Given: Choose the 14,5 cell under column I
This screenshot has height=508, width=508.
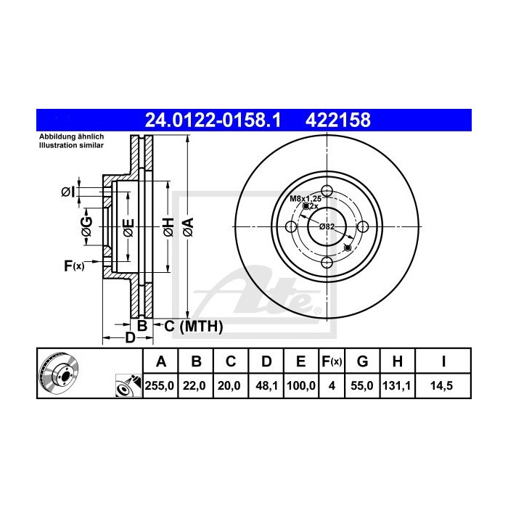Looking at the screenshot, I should point(443,387).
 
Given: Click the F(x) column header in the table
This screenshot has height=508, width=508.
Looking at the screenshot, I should point(331,361).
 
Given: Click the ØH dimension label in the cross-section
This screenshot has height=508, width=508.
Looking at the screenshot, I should point(168,228).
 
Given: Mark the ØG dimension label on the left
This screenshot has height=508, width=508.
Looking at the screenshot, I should point(86,228).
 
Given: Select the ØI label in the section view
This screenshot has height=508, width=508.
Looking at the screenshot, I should point(67,192).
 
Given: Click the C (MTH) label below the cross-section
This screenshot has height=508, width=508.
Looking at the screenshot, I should point(193,327).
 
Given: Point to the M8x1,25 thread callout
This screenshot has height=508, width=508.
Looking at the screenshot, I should point(306,198).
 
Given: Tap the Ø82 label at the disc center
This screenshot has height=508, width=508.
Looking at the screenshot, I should point(327,227).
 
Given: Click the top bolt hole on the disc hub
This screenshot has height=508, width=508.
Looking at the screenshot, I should point(327,192).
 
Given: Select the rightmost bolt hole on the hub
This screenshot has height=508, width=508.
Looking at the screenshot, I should point(361,227).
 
